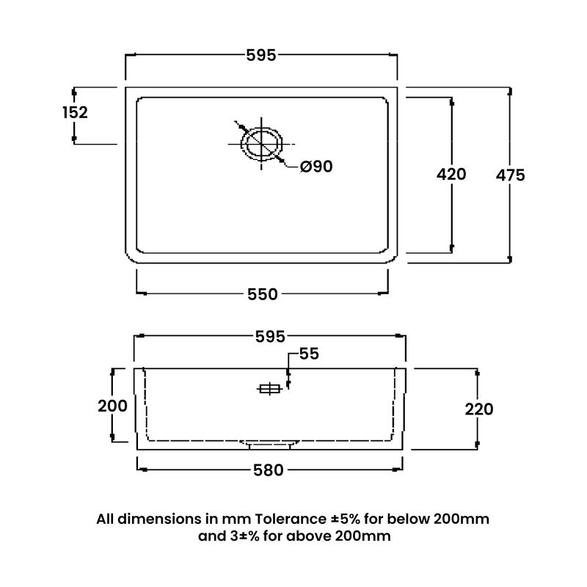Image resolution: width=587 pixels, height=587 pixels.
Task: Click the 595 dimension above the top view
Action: pos(261,56)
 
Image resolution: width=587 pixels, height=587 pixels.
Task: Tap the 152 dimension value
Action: pos(75,112)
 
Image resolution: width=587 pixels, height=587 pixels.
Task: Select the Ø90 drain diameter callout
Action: pos(316,167)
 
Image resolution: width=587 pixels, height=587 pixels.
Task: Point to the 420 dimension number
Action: pos(451,175)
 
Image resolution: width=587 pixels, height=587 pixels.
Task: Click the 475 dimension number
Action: pos(510,175)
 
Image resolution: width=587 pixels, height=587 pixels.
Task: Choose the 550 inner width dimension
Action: pos(263,294)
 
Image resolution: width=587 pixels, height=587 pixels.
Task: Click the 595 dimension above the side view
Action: pos(270,337)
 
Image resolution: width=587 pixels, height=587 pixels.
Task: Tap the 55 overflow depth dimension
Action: pos(309,354)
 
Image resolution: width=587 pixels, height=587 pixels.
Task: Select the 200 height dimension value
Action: pos(112,406)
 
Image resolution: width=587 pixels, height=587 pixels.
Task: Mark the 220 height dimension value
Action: pos(479,409)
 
